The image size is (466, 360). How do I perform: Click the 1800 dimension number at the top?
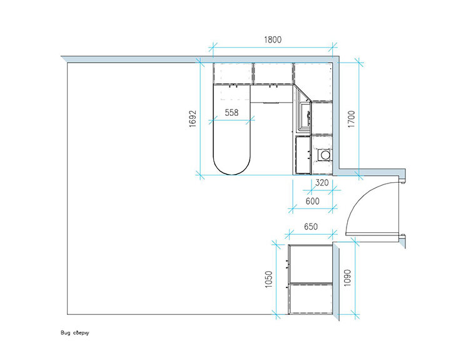click(273, 39)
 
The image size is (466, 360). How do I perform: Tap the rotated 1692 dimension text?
click(193, 119)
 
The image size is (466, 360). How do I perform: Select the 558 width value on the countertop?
click(231, 113)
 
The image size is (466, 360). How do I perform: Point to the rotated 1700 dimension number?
click(352, 119)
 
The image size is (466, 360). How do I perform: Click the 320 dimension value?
click(322, 182)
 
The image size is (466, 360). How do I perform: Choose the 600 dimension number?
click(312, 201)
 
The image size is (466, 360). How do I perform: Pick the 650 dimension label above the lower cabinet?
click(311, 227)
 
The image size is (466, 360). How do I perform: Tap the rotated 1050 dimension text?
click(268, 279)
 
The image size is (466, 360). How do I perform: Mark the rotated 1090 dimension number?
click(347, 278)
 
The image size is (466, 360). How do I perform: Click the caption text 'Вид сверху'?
click(75, 332)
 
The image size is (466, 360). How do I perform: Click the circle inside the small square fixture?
click(325, 155)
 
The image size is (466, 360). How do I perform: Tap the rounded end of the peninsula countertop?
click(232, 167)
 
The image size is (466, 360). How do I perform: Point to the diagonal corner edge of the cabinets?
click(302, 93)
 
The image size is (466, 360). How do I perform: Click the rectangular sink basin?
click(305, 116)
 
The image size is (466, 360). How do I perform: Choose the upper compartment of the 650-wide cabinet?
click(311, 264)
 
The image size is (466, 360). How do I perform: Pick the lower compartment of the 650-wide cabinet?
click(311, 299)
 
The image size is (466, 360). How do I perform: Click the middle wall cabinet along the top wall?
click(273, 73)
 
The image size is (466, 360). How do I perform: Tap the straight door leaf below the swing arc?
click(372, 234)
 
